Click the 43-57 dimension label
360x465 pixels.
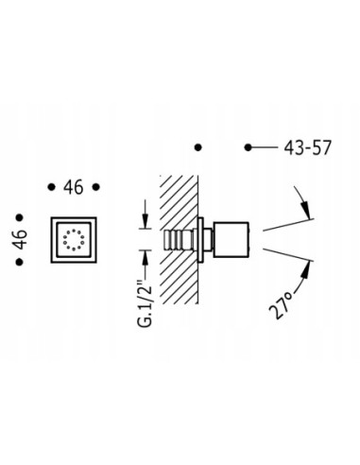(x=307, y=147)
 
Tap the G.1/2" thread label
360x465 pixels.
(x=145, y=305)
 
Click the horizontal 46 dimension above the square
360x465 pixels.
(x=74, y=187)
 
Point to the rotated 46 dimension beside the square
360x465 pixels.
(x=21, y=239)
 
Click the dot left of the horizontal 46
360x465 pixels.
(x=51, y=187)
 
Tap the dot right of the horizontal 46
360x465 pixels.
(x=96, y=187)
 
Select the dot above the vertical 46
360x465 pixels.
(x=20, y=217)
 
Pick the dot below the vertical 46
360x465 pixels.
(x=20, y=262)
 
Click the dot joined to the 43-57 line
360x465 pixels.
(x=249, y=147)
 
